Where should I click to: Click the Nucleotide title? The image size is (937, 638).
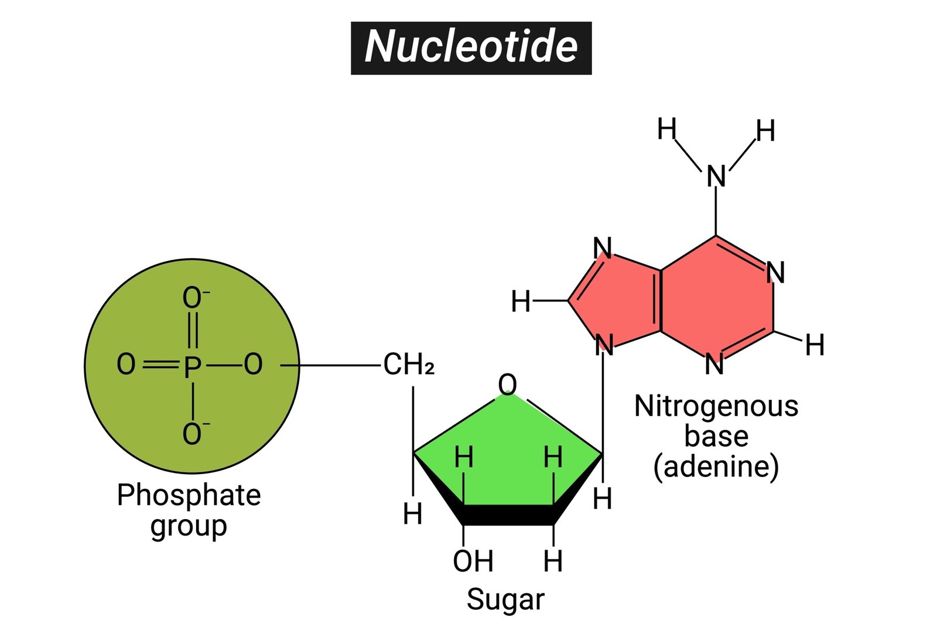[471, 47]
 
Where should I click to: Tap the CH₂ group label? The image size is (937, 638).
[409, 365]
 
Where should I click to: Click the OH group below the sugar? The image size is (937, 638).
[473, 561]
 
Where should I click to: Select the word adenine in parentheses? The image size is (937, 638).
[716, 467]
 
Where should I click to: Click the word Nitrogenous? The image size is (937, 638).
[716, 406]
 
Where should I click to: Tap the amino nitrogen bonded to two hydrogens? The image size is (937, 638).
[716, 176]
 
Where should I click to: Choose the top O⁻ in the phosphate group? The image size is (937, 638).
[193, 298]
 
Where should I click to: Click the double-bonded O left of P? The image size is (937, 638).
[126, 365]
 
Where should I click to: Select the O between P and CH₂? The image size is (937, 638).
[253, 365]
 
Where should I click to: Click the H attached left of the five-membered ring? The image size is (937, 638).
[520, 302]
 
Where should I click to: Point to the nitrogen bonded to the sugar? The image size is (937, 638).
[604, 345]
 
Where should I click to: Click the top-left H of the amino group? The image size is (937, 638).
[666, 129]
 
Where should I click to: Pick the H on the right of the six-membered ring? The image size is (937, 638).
[815, 345]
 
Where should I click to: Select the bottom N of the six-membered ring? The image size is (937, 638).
[714, 364]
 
